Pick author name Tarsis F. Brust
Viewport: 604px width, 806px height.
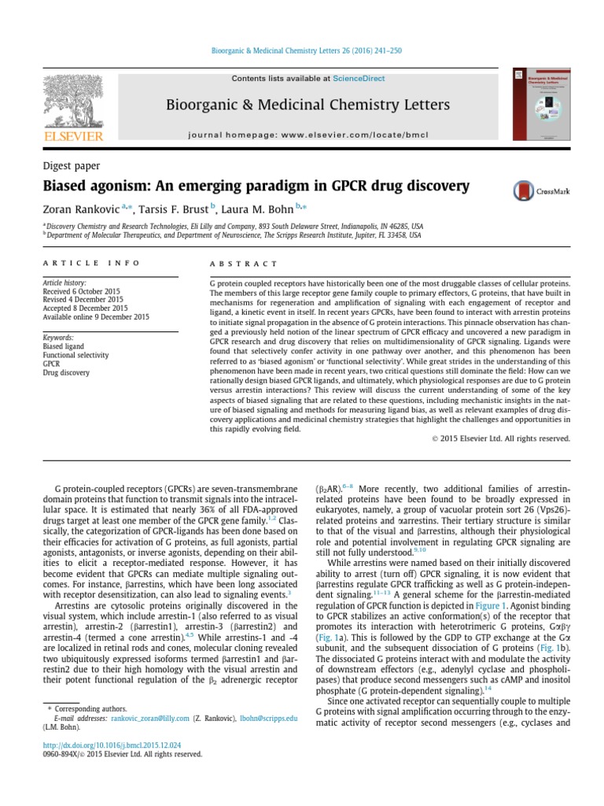click(175, 210)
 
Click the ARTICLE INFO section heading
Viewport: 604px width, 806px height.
click(91, 263)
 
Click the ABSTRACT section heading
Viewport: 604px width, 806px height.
click(244, 264)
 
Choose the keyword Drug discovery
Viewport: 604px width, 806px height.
click(66, 372)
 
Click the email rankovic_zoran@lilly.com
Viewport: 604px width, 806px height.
click(150, 718)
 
